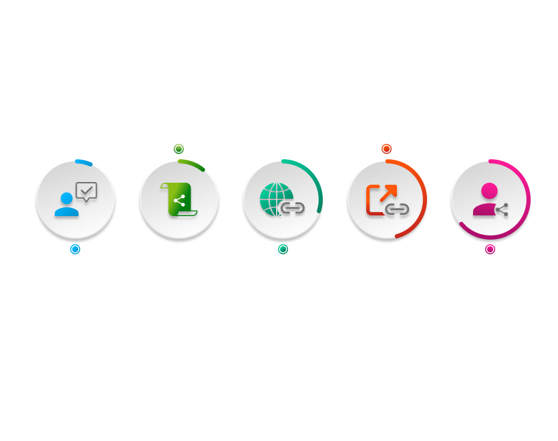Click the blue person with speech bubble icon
(75, 199)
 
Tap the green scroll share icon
(178, 199)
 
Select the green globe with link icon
(281, 199)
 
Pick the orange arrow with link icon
(386, 199)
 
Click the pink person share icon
(490, 199)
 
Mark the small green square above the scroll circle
(178, 149)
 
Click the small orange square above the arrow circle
(386, 149)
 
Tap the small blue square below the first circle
(75, 249)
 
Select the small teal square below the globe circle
(283, 250)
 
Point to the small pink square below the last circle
(490, 250)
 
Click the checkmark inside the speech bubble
(86, 191)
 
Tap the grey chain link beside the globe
(292, 208)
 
